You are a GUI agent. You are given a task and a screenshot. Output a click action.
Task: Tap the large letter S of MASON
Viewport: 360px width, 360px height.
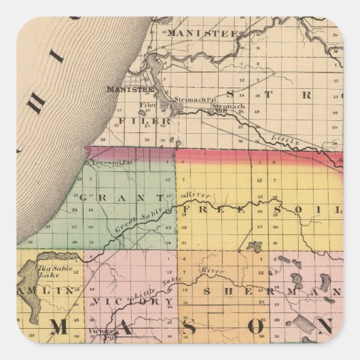click(x=190, y=327)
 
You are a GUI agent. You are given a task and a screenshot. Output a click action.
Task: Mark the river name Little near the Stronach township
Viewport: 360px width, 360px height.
click(x=284, y=139)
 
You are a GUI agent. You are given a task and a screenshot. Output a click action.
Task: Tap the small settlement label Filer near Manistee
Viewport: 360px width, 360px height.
click(x=148, y=106)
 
